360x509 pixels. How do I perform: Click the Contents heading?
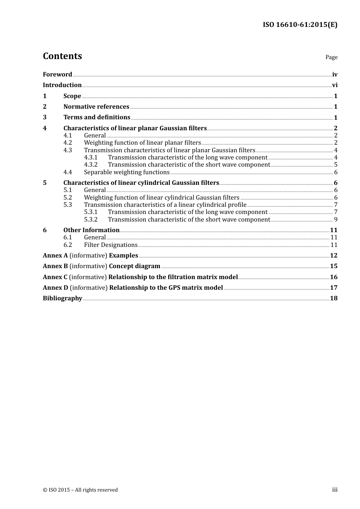62,56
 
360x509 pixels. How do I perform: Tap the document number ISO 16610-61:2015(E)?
300,25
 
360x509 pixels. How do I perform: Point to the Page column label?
331,57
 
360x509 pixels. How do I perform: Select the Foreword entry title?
57,75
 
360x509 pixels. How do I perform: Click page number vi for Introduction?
335,85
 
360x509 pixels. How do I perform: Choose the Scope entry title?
72,96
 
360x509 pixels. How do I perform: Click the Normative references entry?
96,107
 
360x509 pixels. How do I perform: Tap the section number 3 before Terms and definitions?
45,117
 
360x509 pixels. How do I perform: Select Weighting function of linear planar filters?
142,143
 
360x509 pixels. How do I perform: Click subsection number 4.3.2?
91,165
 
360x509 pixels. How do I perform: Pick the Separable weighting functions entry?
127,172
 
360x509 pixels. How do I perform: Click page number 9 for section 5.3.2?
336,220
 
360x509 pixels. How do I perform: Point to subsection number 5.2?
67,198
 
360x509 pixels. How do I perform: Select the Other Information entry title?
91,230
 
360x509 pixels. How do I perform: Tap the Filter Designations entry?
110,245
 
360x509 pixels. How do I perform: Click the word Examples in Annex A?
123,256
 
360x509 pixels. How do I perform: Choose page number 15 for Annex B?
333,266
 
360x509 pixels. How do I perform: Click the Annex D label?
55,288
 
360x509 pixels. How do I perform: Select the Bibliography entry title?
63,298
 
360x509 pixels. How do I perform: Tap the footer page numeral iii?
335,490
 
